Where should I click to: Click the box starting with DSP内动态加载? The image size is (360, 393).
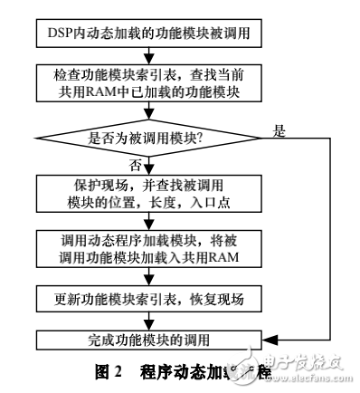point(151,35)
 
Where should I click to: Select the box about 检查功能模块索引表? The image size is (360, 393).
point(151,81)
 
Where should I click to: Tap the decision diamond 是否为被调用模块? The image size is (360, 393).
point(146,139)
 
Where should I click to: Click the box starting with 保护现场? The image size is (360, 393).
point(151,192)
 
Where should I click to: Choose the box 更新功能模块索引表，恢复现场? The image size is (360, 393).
point(151,298)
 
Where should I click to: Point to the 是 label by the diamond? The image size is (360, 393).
point(279,130)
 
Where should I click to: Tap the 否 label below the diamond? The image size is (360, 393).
point(137,166)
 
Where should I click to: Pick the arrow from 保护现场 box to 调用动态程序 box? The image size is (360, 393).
point(151,220)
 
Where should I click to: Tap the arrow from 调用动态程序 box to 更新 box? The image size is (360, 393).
point(151,275)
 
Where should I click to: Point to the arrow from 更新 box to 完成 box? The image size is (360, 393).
point(151,320)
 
